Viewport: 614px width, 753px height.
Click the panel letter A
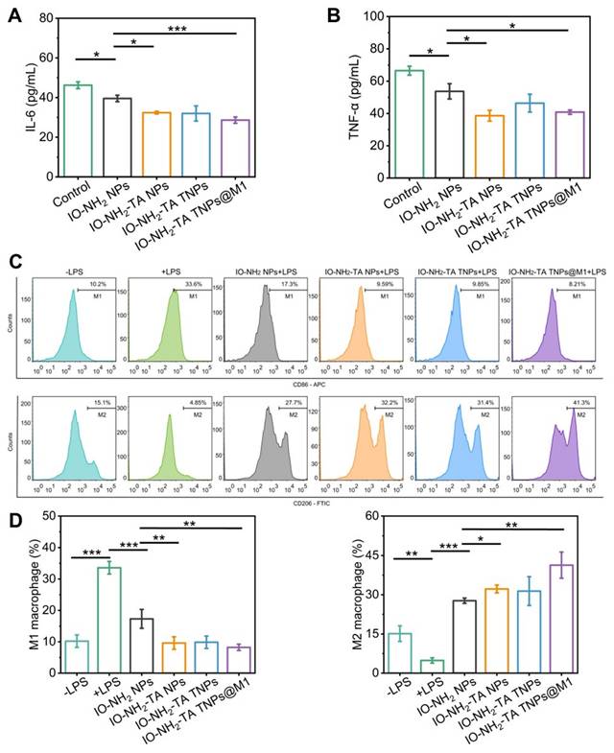[x=15, y=15]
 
